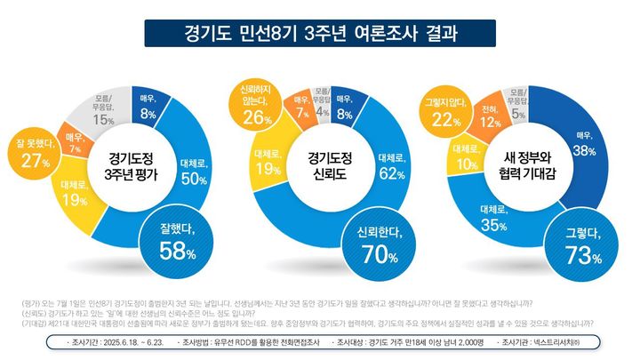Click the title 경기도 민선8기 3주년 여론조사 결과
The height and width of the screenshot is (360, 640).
click(320, 35)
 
